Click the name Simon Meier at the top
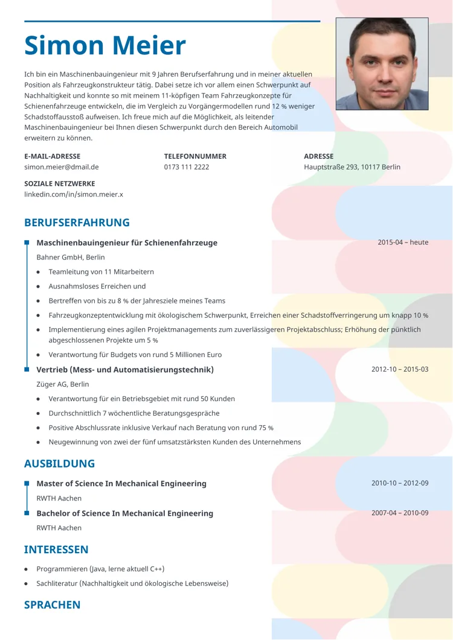105,46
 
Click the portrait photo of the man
382,63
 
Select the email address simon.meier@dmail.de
61,167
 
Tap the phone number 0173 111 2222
186,167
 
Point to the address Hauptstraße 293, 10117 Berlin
352,167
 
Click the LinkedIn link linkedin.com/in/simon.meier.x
73,194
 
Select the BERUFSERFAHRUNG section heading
77,223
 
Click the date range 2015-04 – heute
403,242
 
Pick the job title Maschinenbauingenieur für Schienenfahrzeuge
127,243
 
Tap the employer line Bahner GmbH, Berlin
70,258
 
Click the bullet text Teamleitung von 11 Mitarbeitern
101,272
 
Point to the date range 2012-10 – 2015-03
399,369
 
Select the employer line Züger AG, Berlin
62,384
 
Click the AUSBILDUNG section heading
59,464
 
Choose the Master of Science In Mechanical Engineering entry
121,484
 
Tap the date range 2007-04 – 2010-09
399,513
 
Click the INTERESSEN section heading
56,550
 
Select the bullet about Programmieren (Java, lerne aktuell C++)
100,569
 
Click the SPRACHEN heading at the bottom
52,605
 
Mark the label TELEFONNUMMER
195,156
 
